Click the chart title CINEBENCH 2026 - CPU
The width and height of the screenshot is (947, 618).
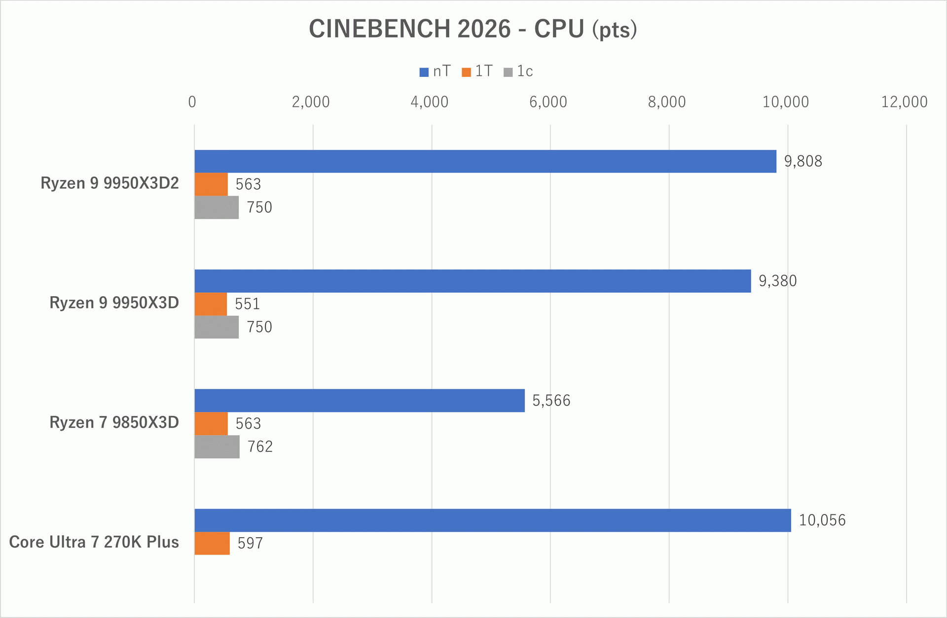(473, 29)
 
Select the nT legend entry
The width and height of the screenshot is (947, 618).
(435, 72)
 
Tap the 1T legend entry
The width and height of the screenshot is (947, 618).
(477, 72)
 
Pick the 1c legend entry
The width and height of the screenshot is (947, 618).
(518, 72)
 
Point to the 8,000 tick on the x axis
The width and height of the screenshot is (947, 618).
(667, 102)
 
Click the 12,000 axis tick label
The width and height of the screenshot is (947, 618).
(904, 102)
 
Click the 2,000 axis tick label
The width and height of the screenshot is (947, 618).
(311, 102)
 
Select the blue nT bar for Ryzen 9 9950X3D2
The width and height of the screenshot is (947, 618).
(485, 161)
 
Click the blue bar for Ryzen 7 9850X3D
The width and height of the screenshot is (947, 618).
(360, 400)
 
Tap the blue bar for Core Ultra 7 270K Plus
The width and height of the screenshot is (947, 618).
(493, 520)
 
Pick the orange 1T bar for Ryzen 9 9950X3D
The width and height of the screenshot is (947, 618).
(211, 304)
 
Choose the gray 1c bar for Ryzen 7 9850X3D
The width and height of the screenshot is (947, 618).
(217, 446)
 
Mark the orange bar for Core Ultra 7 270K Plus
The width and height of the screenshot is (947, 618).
(212, 543)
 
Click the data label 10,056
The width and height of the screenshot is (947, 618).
(822, 520)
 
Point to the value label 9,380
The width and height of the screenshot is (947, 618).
(777, 281)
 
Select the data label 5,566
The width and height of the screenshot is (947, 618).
(551, 401)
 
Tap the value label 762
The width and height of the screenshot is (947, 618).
(260, 446)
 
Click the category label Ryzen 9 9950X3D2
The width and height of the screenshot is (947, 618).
(109, 183)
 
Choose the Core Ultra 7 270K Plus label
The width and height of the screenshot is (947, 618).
(94, 542)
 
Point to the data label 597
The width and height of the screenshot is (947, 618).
(250, 543)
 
